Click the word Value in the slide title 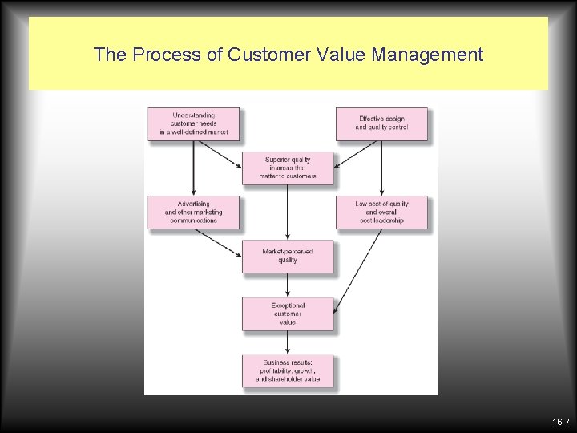tap(333, 55)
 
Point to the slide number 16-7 tap(560, 422)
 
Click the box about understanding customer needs tap(193, 123)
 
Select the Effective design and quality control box tap(381, 123)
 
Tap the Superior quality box tap(288, 168)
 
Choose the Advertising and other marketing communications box tap(193, 212)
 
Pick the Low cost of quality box tap(381, 212)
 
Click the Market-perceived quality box tap(288, 256)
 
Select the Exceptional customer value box tap(288, 314)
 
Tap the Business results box tap(288, 371)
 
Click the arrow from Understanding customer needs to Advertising tap(193, 168)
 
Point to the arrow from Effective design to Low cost tap(381, 168)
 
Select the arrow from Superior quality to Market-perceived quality tap(288, 212)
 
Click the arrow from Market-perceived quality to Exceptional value tap(288, 285)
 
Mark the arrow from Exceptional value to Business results tap(288, 342)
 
